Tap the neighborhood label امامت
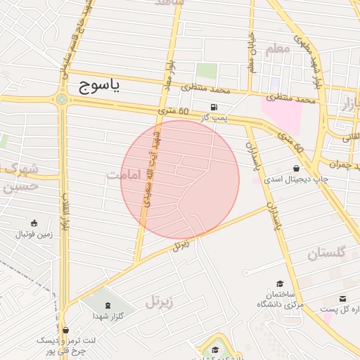point(124,174)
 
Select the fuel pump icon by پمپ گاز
point(213,108)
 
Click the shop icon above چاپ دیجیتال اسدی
point(297,169)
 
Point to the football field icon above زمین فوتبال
point(34,222)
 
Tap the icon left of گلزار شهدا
point(107,305)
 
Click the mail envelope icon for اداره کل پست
point(342,299)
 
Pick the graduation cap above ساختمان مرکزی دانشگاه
point(281,283)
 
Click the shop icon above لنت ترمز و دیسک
point(65,329)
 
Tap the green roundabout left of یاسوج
point(62,99)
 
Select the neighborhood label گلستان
point(327,252)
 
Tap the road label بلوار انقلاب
point(65,211)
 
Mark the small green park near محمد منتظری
point(206,71)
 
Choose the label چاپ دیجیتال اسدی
point(288,180)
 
